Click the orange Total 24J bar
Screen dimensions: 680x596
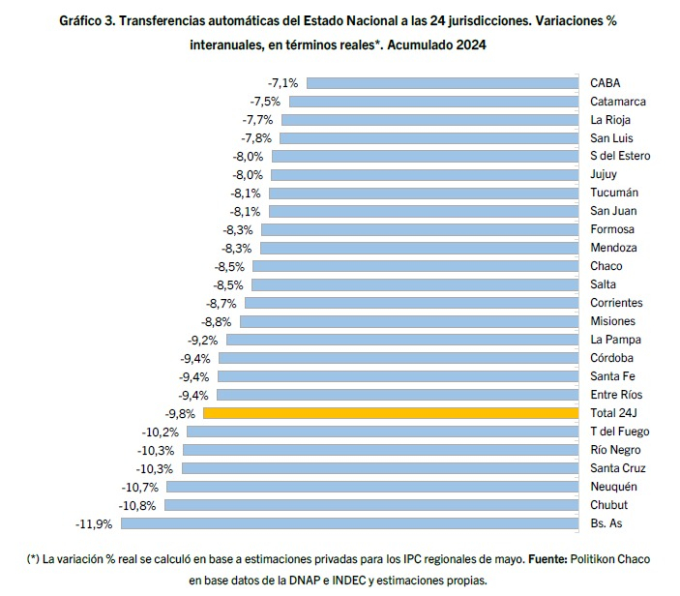(391, 413)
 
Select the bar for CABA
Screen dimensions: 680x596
(443, 83)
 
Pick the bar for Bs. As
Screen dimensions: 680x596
(349, 523)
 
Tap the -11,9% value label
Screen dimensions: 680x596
(94, 524)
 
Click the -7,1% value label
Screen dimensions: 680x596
(283, 83)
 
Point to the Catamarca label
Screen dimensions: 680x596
(618, 102)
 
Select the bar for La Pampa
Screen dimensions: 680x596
(402, 340)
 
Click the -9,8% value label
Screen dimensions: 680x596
(180, 414)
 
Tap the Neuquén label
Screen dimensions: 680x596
(613, 487)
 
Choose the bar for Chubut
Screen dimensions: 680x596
(371, 505)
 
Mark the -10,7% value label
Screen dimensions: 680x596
(140, 488)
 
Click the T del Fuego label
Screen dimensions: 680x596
(620, 432)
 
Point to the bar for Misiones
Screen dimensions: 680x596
(409, 321)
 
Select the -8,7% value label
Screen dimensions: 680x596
(222, 304)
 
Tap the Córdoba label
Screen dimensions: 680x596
(612, 358)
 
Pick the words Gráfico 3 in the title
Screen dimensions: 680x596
(87, 21)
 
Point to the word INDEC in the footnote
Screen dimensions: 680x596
(349, 581)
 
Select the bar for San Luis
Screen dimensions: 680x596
(429, 138)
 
